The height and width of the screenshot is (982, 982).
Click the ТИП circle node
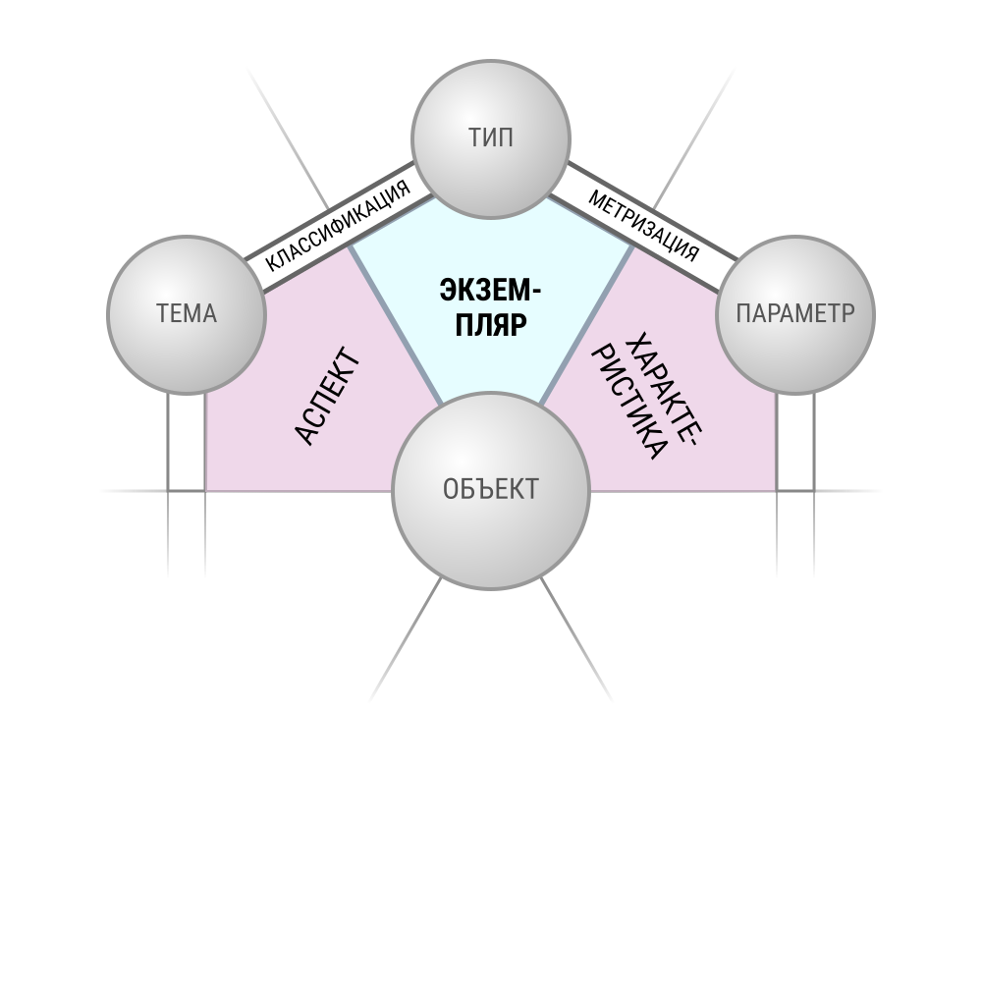pos(491,139)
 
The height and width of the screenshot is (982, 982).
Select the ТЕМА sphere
pos(187,315)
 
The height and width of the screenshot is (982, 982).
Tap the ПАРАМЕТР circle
pos(795,315)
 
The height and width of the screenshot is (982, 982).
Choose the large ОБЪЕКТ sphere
pos(491,490)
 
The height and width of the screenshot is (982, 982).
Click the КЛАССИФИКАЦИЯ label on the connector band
pos(338,226)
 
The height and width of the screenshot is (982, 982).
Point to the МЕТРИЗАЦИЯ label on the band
pos(644,226)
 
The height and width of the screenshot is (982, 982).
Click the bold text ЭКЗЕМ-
pos(490,292)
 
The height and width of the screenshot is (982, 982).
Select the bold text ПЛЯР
pos(491,325)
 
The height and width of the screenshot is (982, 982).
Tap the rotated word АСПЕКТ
pos(328,396)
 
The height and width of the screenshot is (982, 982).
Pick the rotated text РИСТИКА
pos(628,404)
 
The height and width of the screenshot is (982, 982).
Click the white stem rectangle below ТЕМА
pos(187,442)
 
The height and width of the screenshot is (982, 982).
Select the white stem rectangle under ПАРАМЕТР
pos(795,442)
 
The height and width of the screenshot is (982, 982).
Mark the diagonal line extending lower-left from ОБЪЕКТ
pos(406,639)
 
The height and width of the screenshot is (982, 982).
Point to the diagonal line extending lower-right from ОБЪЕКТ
pos(576,639)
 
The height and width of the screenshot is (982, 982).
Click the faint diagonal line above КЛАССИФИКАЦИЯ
pos(288,138)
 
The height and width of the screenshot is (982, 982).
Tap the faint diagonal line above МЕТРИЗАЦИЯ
pos(694,138)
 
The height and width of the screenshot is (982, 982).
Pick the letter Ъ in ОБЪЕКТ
pos(484,489)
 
